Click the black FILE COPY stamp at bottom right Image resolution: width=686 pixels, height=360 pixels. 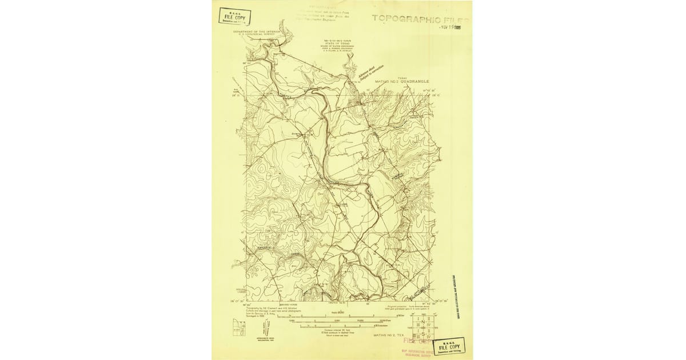click(449, 346)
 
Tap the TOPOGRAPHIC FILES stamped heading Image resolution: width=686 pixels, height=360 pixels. click(420, 18)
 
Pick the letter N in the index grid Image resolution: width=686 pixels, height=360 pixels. click(422, 323)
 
